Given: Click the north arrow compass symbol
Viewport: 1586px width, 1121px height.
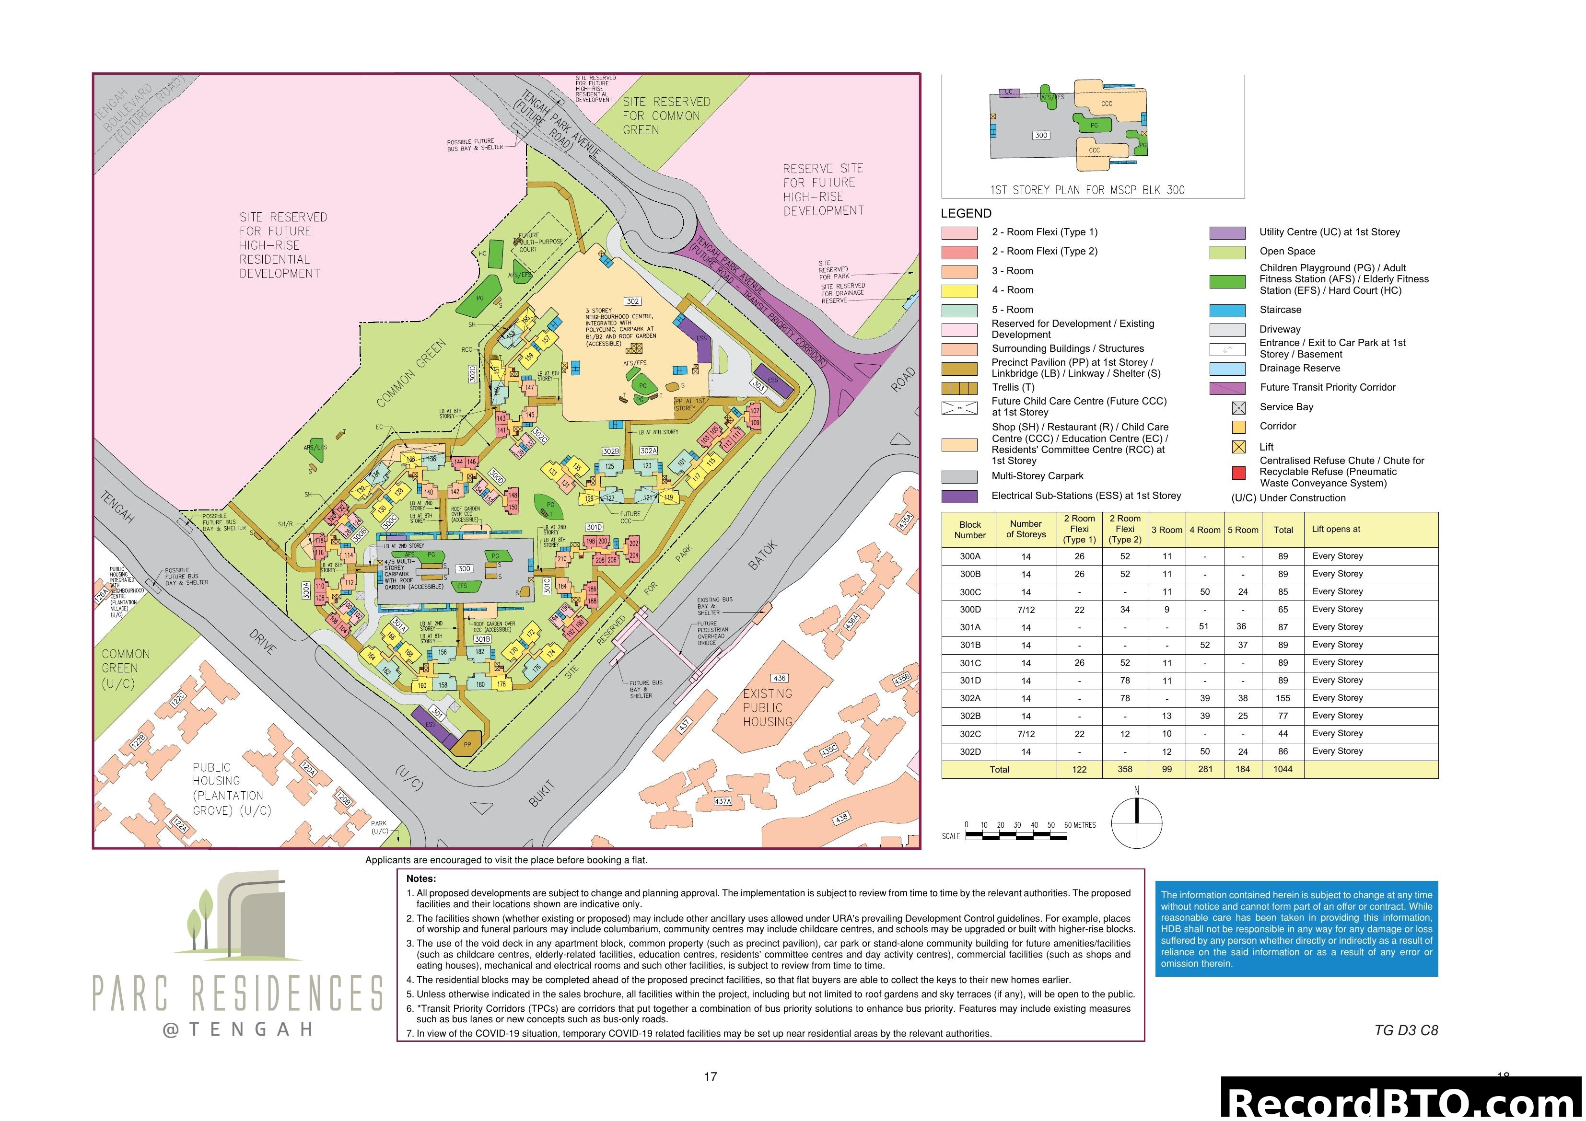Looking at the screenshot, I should (x=1136, y=821).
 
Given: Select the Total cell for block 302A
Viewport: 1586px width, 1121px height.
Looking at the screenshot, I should (x=1283, y=698).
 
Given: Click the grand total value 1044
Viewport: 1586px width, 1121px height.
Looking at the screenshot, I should (x=1283, y=769).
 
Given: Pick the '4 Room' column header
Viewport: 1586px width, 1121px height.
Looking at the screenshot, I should (x=1205, y=530).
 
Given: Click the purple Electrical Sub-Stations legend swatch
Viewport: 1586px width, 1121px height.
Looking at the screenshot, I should (x=959, y=497).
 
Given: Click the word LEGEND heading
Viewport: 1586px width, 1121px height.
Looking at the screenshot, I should (x=966, y=213).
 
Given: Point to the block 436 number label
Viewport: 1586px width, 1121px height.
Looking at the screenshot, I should (x=779, y=678).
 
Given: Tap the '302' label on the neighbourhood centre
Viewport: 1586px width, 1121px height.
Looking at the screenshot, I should (x=633, y=301).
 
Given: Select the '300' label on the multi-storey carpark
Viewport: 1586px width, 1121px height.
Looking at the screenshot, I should (x=464, y=568).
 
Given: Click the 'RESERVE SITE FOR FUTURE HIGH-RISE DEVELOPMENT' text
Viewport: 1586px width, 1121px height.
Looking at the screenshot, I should (x=823, y=189).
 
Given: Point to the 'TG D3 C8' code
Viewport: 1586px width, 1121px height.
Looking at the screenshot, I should (x=1406, y=1030).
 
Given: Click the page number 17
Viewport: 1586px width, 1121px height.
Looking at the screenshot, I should (x=710, y=1076).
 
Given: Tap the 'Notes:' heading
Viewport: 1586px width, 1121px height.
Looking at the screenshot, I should (x=420, y=878).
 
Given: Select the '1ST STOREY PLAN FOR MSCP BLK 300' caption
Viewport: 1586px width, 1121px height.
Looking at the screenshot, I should (x=1086, y=190).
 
